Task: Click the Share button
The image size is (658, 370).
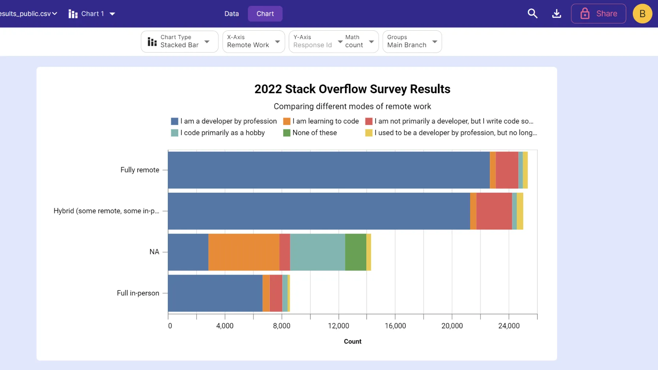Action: click(598, 14)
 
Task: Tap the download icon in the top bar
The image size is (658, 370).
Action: click(556, 14)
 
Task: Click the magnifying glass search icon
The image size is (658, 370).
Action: click(532, 14)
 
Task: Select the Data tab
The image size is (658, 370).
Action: click(231, 14)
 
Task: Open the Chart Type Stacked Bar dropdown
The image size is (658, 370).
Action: click(179, 41)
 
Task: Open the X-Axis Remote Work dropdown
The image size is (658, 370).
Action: click(253, 41)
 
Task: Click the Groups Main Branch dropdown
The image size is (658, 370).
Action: click(412, 41)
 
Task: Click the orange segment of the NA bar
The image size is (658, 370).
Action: click(243, 252)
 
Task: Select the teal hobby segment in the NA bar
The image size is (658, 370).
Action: click(317, 252)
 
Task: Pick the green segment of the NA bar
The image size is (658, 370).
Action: click(355, 252)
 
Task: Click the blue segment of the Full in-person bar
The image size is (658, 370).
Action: click(215, 293)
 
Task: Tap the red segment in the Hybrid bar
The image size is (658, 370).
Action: click(494, 211)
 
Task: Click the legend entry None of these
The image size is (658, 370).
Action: click(314, 133)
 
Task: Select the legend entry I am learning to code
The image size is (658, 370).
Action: click(325, 121)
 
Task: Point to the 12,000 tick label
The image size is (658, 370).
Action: click(338, 326)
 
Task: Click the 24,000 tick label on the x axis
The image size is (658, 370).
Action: click(508, 326)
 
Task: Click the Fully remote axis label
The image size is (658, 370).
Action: click(140, 170)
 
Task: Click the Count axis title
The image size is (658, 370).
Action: click(352, 341)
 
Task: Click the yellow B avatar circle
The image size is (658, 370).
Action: click(642, 14)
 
